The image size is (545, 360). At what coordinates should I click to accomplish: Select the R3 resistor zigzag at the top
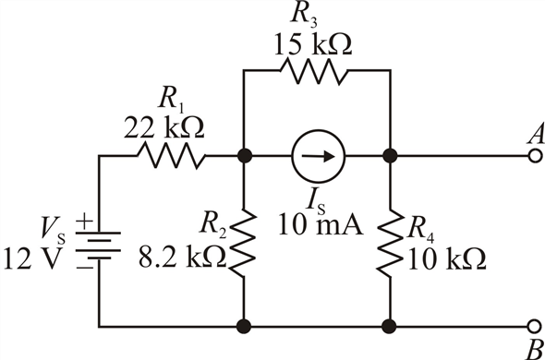point(316,71)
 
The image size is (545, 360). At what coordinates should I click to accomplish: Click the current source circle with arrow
point(317,156)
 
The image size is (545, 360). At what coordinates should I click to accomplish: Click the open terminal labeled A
point(533,156)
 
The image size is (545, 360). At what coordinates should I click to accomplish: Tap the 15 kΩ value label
point(317,43)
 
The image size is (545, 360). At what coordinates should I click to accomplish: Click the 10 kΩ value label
point(442,259)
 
